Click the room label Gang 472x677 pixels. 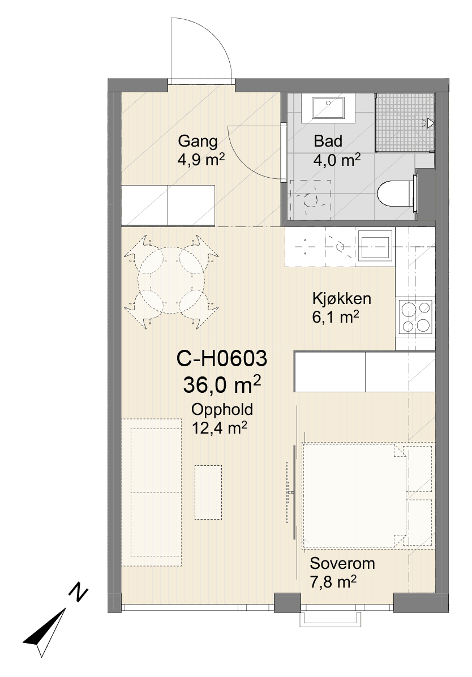pos(198,142)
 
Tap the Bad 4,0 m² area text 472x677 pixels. pos(337,161)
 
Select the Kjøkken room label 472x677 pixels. pos(341,298)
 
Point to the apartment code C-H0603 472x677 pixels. pos(221,359)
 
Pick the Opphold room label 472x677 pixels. pos(222,409)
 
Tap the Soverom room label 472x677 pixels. pos(342,563)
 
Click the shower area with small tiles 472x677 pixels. pos(404,122)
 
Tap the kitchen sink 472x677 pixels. pos(375,245)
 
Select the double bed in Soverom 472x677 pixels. pos(354,495)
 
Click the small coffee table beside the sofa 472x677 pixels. pos(208,492)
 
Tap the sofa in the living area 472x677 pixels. pos(151,492)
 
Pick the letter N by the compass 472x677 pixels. pos(78,593)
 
